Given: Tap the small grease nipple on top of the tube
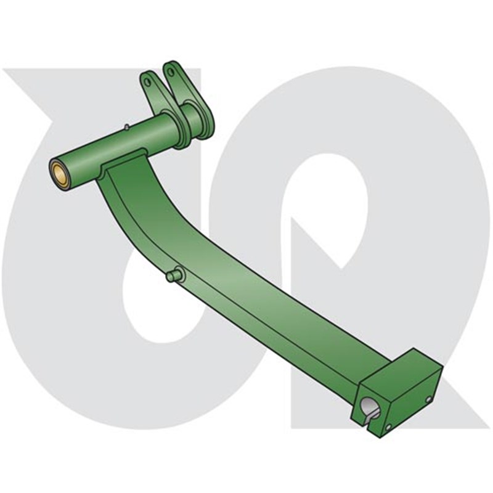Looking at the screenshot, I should point(126,128).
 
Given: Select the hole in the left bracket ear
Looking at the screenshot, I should point(147,80).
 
